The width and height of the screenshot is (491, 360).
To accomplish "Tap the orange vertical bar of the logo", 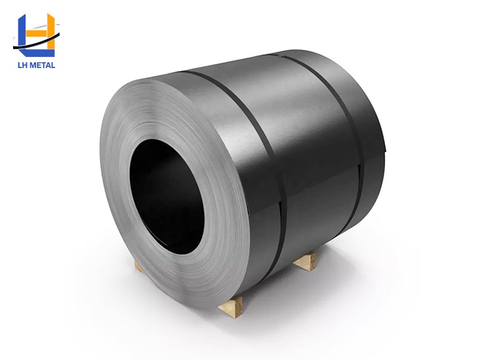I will [x=50, y=29].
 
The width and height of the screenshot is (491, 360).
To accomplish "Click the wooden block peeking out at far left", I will [x=139, y=264].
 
